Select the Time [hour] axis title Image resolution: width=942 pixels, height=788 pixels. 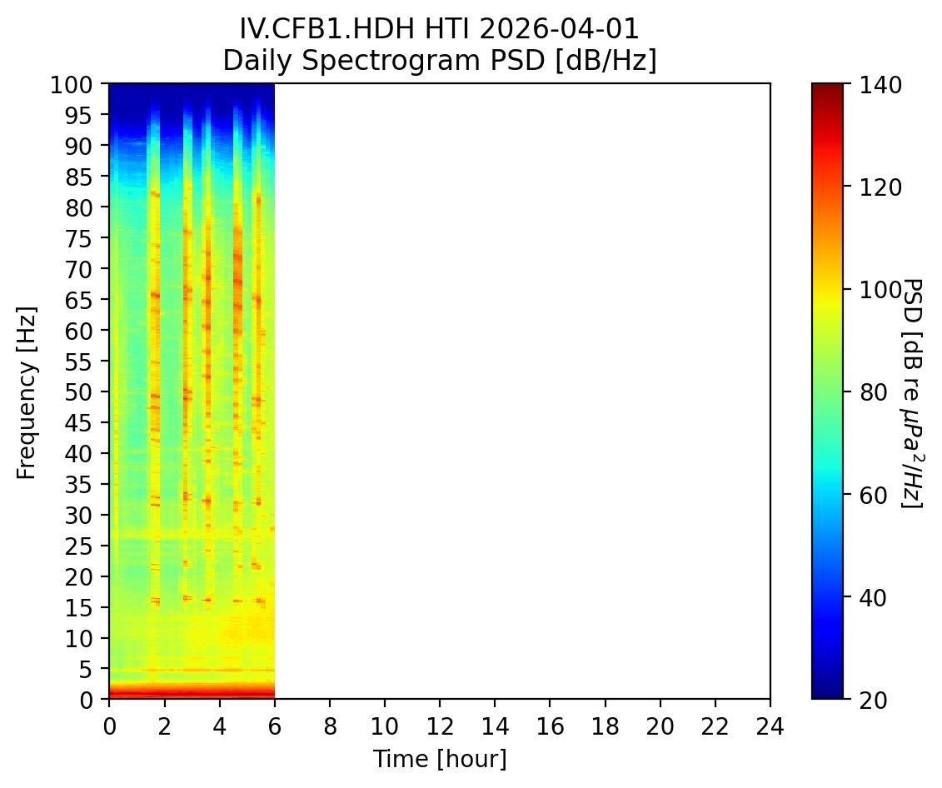pyautogui.click(x=439, y=759)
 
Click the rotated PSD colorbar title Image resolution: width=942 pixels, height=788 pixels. pyautogui.click(x=913, y=392)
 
